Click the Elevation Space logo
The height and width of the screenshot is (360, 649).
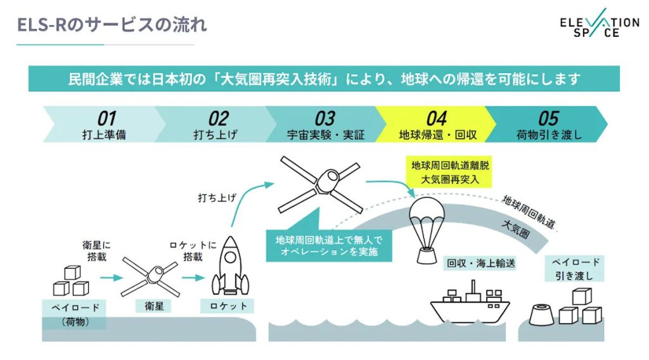click(x=600, y=23)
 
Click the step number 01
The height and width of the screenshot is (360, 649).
click(x=106, y=119)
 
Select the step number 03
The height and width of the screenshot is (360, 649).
click(x=325, y=119)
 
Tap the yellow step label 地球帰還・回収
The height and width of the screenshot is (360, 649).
click(x=437, y=135)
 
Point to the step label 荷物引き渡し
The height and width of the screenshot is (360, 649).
click(x=549, y=135)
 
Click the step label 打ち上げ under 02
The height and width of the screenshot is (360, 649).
click(x=215, y=135)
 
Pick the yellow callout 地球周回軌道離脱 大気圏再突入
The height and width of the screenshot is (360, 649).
click(x=450, y=172)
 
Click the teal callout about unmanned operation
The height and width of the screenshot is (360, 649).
click(x=329, y=245)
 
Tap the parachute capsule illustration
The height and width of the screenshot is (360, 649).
click(x=427, y=230)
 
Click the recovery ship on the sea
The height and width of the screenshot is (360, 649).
click(x=470, y=302)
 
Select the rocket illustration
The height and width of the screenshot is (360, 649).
click(x=230, y=266)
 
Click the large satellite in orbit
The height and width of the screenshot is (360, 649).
click(x=320, y=184)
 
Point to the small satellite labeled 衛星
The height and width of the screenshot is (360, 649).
click(x=151, y=276)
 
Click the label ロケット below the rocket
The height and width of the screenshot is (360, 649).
click(x=228, y=306)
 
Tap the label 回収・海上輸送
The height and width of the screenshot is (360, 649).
click(x=481, y=263)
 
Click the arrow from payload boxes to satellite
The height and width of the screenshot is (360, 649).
click(x=112, y=277)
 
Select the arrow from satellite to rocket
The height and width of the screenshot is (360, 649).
click(x=193, y=277)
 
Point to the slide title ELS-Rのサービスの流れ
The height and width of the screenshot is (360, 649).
click(x=112, y=25)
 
